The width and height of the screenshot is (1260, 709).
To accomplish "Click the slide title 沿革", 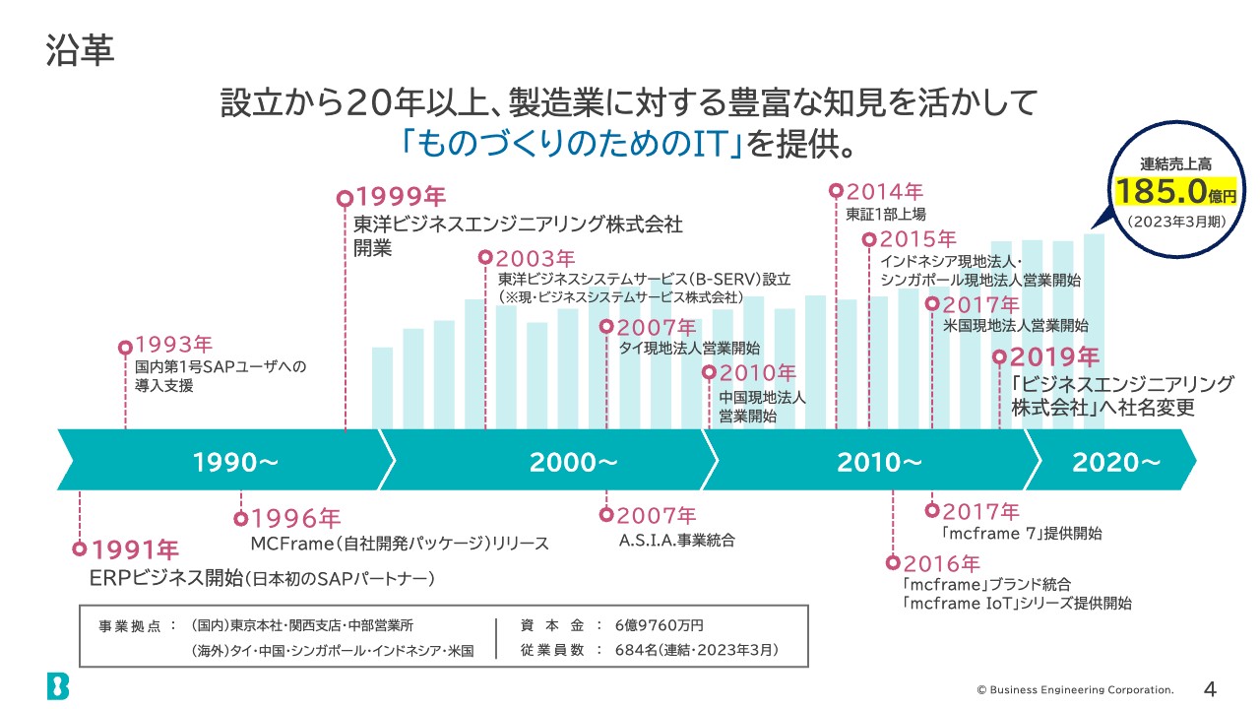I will tap(80, 51).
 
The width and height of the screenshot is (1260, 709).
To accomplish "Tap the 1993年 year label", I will tap(173, 346).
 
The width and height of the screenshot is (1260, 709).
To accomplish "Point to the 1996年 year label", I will tap(295, 518).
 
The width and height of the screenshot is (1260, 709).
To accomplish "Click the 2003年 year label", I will tap(535, 258).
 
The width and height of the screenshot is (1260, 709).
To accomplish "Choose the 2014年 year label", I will tap(884, 191).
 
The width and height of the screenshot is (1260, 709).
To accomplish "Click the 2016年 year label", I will tap(941, 563).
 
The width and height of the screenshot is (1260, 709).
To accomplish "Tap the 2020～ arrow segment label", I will tap(1116, 461).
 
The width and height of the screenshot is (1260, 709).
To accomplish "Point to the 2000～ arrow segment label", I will tap(574, 461).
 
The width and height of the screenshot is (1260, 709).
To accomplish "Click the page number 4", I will tap(1211, 687).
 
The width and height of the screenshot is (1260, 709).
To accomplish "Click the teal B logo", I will tap(58, 685).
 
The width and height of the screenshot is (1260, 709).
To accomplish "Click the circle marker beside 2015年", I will tap(869, 239).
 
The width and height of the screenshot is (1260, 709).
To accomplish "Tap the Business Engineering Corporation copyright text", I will tap(1075, 688).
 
